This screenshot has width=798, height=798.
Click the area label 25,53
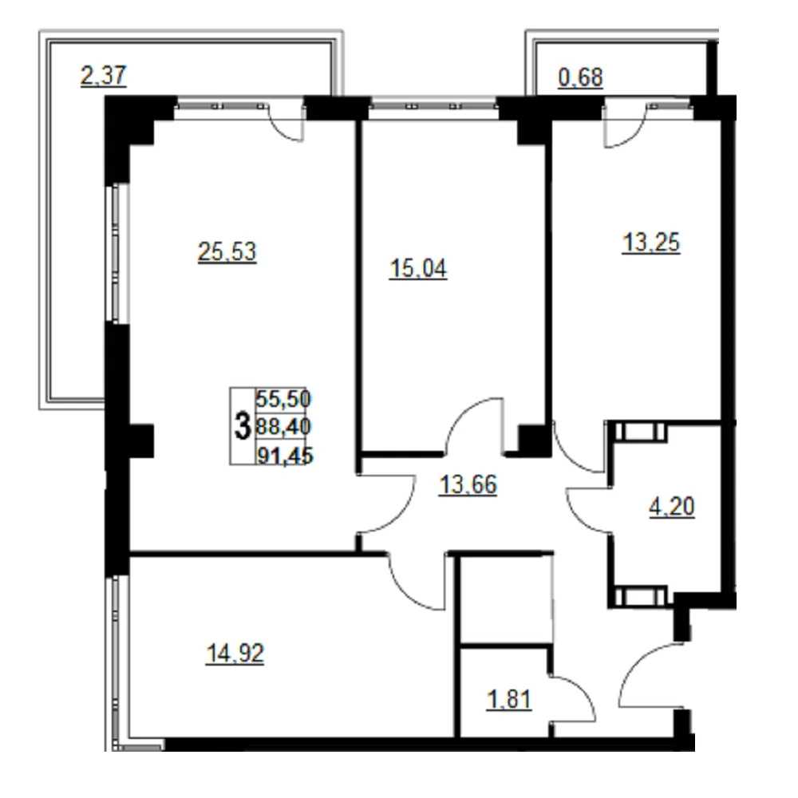[227, 252]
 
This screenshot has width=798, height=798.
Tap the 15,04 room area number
[418, 269]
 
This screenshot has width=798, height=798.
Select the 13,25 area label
[651, 243]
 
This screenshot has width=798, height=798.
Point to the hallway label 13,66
[468, 484]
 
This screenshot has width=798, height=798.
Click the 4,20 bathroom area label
[672, 507]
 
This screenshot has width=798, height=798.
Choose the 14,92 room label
[235, 654]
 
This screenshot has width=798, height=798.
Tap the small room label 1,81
[509, 700]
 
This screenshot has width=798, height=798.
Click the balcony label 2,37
[103, 76]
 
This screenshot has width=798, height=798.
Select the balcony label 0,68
[581, 78]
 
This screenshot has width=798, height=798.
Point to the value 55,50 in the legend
[283, 398]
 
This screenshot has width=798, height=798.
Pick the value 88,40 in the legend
[283, 426]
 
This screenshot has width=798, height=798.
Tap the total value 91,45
[285, 455]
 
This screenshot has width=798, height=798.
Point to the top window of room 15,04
[433, 106]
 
